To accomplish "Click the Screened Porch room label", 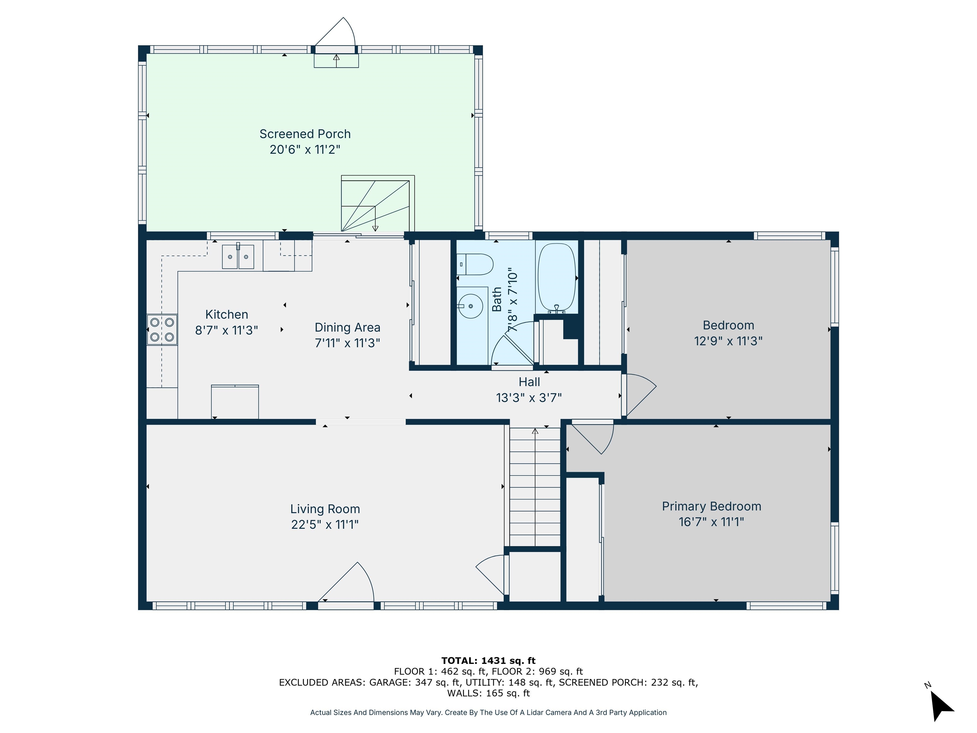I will [305, 134].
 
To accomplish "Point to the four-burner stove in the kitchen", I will [162, 329].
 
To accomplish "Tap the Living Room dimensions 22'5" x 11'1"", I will [325, 524].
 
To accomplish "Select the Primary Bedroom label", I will [711, 506].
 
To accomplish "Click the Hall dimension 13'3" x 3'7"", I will [529, 398].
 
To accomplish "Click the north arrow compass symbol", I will [941, 706].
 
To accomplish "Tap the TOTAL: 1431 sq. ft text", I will [488, 660].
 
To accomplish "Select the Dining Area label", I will [347, 327].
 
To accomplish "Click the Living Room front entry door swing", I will [349, 583].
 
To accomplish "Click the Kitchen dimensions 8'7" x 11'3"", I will [226, 330].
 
